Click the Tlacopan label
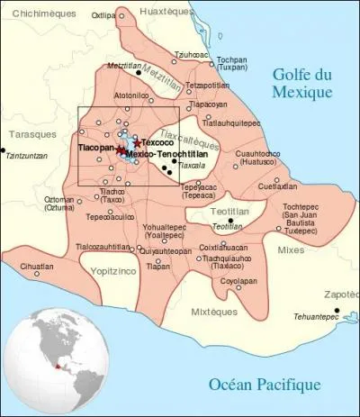(x=95, y=147)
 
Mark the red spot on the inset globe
(x=58, y=367)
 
